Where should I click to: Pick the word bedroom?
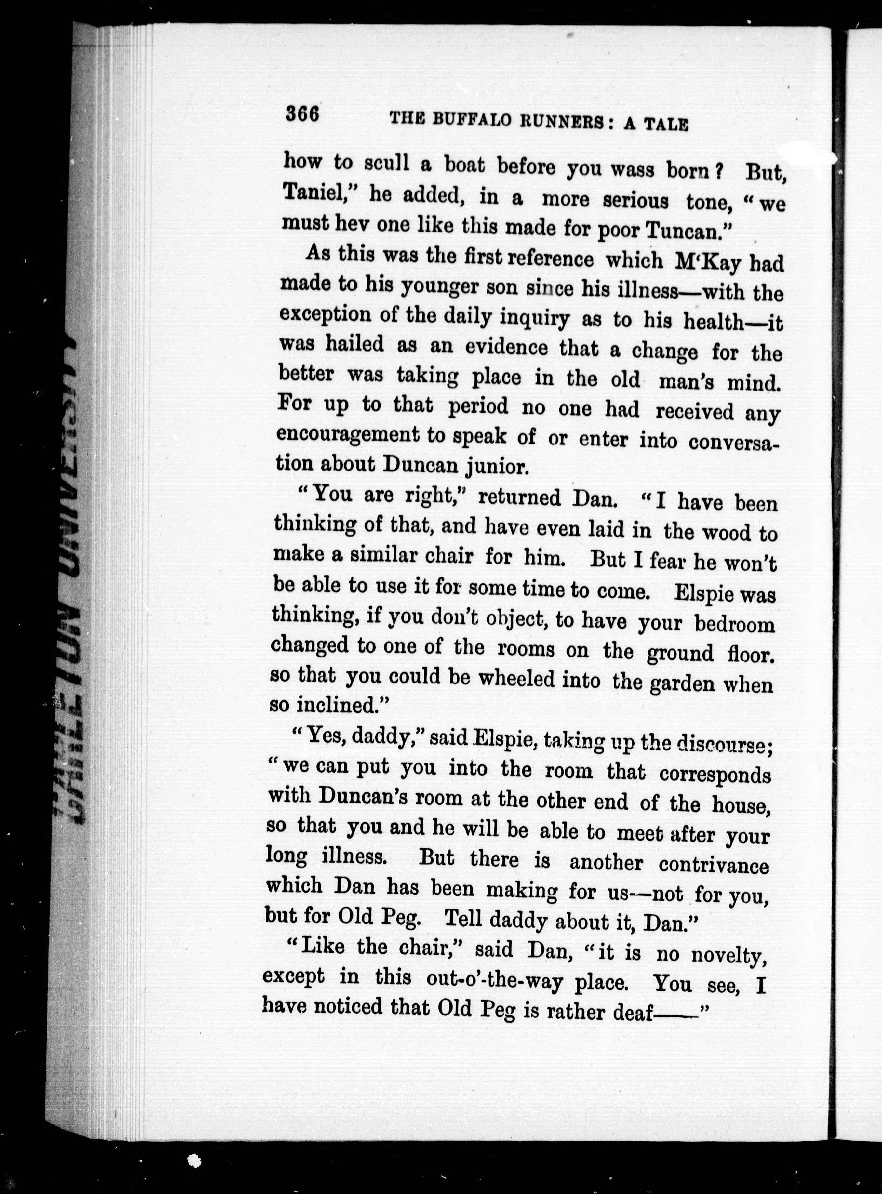pyautogui.click(x=734, y=624)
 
